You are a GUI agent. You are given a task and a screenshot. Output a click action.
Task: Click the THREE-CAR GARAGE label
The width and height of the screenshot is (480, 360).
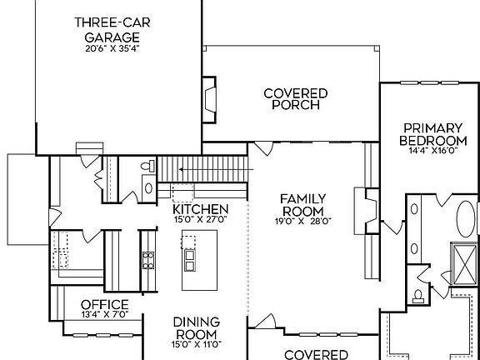106,29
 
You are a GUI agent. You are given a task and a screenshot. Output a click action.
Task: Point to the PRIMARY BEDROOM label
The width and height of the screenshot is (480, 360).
432,133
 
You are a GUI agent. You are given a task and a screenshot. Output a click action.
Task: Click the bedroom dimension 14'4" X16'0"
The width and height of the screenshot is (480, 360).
432,151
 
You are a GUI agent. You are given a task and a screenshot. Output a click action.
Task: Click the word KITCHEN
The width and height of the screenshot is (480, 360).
200,208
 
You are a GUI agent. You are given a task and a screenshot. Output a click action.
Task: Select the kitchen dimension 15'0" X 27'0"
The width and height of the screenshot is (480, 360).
200,219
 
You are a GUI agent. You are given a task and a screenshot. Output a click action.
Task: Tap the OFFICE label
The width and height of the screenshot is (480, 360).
104,304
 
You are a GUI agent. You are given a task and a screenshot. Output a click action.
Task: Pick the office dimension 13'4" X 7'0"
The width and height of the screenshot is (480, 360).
104,315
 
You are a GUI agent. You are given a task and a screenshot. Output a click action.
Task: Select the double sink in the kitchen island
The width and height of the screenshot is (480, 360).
190,261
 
